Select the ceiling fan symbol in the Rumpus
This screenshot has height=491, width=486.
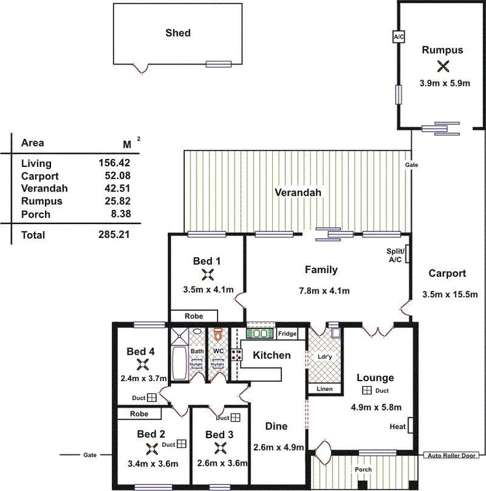pyautogui.click(x=442, y=66)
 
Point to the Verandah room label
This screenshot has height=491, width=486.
pyautogui.click(x=297, y=193)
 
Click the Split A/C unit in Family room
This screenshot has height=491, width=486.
pyautogui.click(x=407, y=253)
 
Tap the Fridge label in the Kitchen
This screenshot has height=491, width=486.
pyautogui.click(x=287, y=334)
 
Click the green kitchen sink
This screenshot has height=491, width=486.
pyautogui.click(x=260, y=334)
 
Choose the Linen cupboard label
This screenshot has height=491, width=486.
pyautogui.click(x=324, y=389)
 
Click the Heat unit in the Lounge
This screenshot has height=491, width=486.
pyautogui.click(x=408, y=426)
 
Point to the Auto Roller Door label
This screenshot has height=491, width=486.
pyautogui.click(x=451, y=456)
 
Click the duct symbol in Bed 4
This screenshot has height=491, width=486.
pyautogui.click(x=152, y=398)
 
